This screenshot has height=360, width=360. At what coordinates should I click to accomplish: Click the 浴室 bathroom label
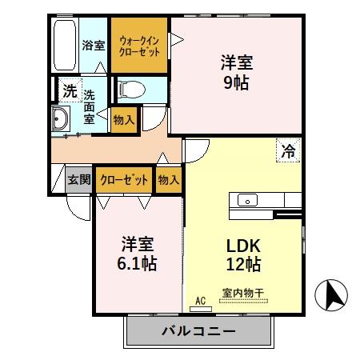pos(94,46)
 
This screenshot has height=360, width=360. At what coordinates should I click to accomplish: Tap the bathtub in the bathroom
pos(65,46)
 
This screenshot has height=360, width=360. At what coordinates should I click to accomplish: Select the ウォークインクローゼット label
pos(140,46)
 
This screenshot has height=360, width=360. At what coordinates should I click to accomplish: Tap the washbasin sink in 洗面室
pos(61,121)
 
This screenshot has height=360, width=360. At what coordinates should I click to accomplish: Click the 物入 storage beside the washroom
pos(124,119)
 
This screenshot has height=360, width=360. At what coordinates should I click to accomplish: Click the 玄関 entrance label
pos(78,179)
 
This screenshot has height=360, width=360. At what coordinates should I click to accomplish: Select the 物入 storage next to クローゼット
pos(168,179)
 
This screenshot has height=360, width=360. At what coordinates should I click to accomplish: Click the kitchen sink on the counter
pos(246,200)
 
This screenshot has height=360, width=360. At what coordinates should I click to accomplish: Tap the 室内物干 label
pos(244,294)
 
